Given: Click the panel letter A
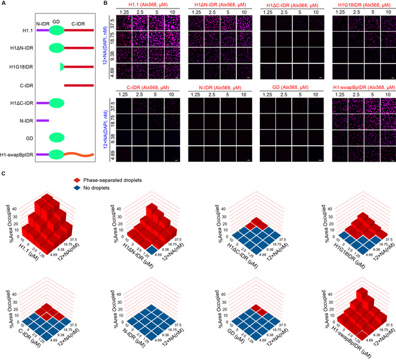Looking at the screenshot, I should [4, 4].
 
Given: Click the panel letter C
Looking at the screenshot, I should [4, 175].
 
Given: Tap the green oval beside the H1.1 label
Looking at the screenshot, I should [56, 29].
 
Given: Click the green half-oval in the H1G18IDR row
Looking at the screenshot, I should [61, 67].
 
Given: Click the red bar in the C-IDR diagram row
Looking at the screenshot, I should [79, 85].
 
